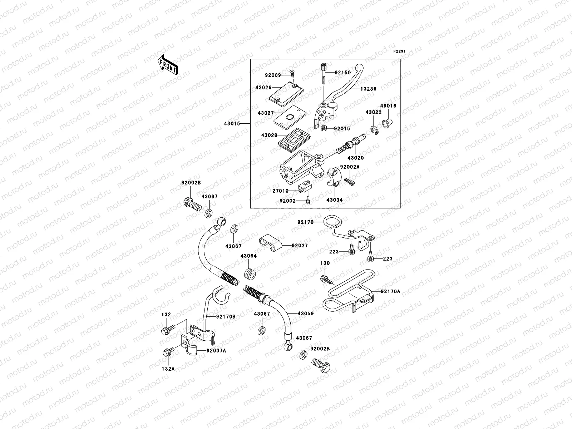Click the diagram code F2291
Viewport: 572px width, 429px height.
point(400,51)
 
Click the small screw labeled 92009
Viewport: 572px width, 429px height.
point(291,74)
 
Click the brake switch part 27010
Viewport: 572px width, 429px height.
point(304,187)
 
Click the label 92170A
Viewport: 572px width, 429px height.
point(390,291)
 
